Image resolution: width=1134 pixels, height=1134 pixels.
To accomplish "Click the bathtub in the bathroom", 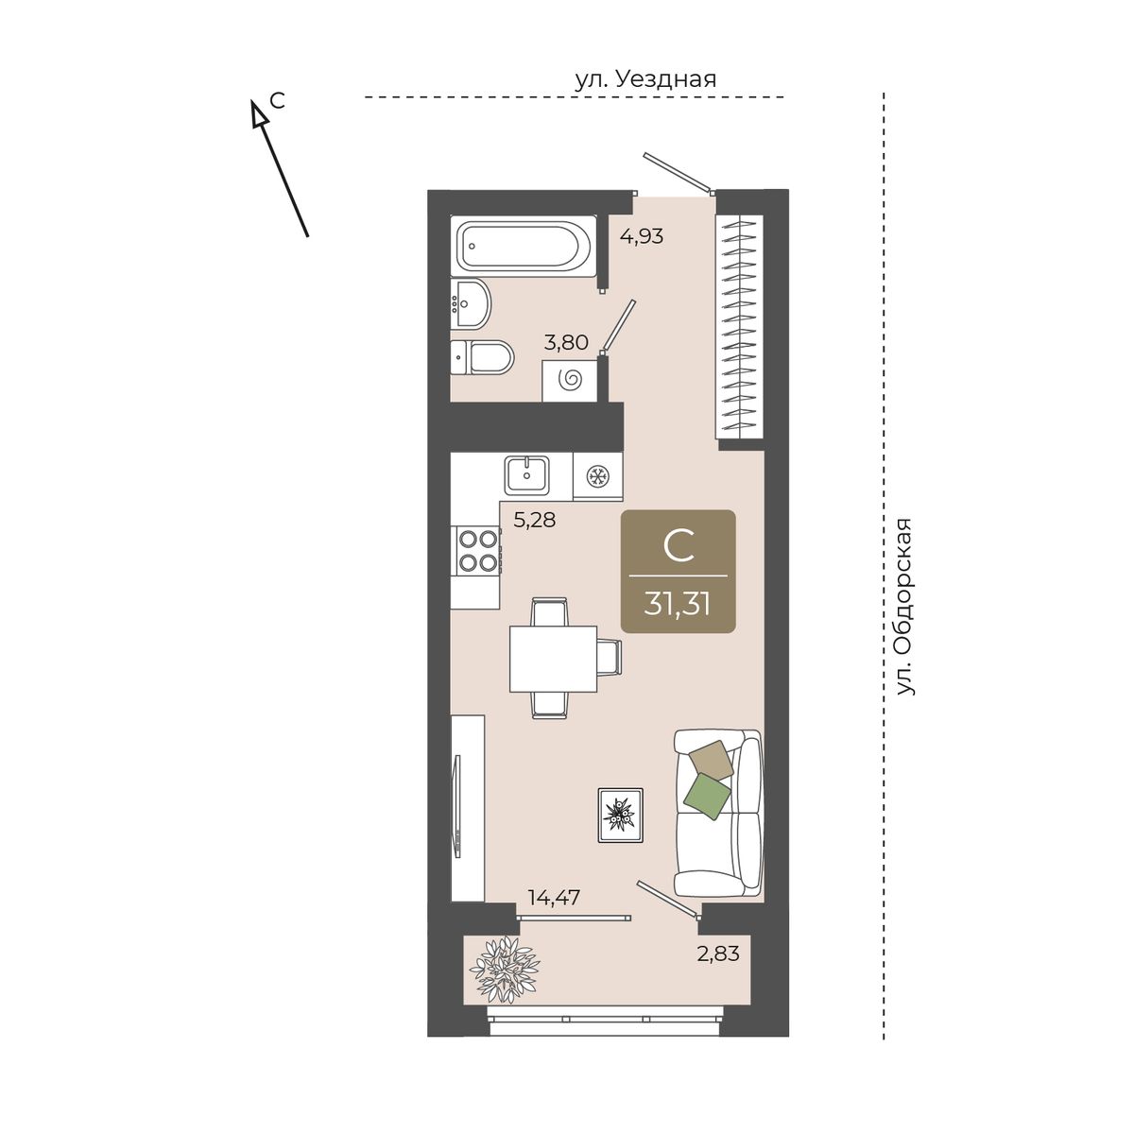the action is point(524,246).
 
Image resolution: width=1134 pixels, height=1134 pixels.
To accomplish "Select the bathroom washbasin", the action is point(471,302).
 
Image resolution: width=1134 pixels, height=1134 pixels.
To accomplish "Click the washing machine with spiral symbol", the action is point(570,380).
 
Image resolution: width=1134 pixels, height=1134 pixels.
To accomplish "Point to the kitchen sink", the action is point(526,475).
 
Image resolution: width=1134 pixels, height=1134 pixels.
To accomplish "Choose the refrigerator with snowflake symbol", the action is point(597,476).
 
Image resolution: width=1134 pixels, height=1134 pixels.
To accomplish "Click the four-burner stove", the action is point(475,550).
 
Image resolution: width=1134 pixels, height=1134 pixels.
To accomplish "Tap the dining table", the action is point(553,659).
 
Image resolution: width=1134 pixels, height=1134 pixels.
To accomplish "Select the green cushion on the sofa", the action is point(708,796).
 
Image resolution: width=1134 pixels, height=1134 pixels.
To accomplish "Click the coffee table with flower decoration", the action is point(620,815).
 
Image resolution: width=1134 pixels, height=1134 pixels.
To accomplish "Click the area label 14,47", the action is point(554,898).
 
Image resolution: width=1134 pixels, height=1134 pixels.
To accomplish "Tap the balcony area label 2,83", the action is point(718,953).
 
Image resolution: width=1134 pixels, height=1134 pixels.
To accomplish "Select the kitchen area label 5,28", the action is point(534,520).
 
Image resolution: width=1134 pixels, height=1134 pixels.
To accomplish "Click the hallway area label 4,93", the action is point(642,236).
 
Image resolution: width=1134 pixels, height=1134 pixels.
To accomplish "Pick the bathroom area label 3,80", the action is point(566,342).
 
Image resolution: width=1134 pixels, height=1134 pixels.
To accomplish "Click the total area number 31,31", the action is point(678,603).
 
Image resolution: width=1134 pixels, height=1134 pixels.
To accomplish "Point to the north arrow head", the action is point(258,113).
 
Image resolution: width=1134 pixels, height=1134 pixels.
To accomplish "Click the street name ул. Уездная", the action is point(645,78).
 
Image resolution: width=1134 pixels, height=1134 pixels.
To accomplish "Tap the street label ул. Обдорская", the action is point(905,608).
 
